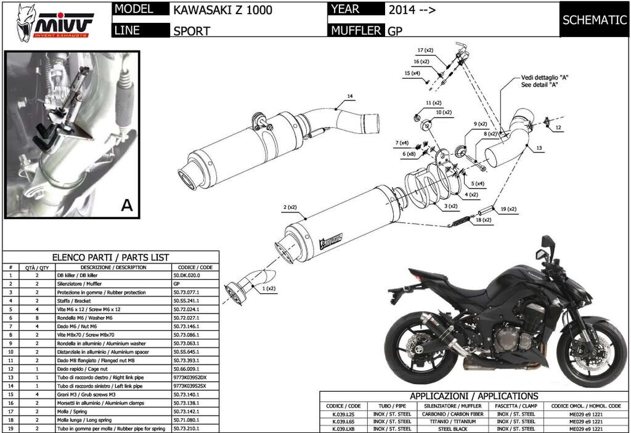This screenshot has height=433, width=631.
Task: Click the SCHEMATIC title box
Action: tap(594, 20)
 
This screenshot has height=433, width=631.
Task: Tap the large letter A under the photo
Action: tap(127, 206)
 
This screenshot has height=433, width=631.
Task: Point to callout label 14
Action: tap(349, 96)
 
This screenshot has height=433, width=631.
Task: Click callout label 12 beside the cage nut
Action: tap(558, 127)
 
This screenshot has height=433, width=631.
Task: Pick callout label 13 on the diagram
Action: tap(539, 148)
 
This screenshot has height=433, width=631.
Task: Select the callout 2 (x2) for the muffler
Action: tap(290, 207)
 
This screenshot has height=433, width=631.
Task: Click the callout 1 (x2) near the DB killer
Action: tap(268, 288)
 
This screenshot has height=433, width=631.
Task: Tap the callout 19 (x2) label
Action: tap(508, 209)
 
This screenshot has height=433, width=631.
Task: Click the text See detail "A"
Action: tap(539, 85)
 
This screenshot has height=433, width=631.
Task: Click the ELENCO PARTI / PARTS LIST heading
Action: tap(111, 257)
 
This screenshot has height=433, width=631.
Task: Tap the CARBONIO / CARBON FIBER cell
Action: tap(446, 414)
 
